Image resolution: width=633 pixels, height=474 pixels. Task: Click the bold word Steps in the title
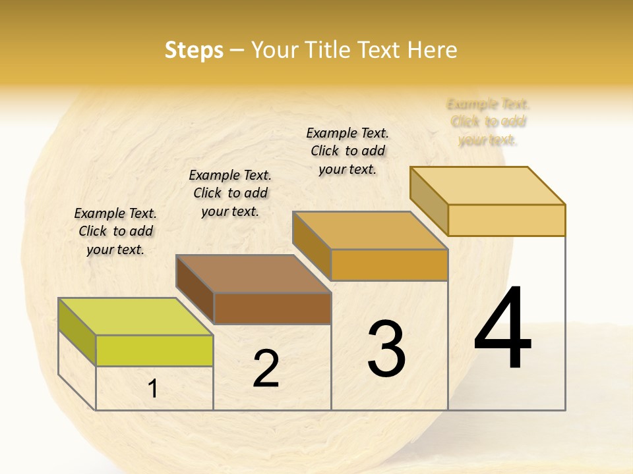[x=194, y=50]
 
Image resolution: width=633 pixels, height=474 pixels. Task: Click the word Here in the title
[x=432, y=50]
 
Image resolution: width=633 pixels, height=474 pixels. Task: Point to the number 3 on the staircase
[x=386, y=349]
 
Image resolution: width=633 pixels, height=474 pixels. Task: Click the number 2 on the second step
[x=266, y=369]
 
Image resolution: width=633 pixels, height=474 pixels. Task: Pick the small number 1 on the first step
[x=153, y=389]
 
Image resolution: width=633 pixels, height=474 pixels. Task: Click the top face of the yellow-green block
[x=136, y=317]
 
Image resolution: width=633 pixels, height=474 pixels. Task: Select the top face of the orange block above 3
[x=370, y=230]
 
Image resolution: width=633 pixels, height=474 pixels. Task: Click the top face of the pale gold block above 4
[x=487, y=186]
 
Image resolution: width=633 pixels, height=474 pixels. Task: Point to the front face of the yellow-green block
[x=154, y=350]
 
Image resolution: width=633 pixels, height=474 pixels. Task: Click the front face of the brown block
[x=272, y=308]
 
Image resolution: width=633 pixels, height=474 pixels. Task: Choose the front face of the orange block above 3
[x=389, y=265]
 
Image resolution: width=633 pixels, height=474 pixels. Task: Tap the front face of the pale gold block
[x=506, y=220]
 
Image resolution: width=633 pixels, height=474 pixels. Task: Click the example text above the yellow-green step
[x=115, y=231]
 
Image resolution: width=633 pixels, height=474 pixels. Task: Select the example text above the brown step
[x=230, y=193]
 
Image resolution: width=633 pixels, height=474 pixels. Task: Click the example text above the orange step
[x=347, y=151]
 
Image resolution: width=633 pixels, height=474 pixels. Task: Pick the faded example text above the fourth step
[x=488, y=122]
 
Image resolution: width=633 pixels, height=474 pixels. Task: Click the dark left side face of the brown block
[x=195, y=289]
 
